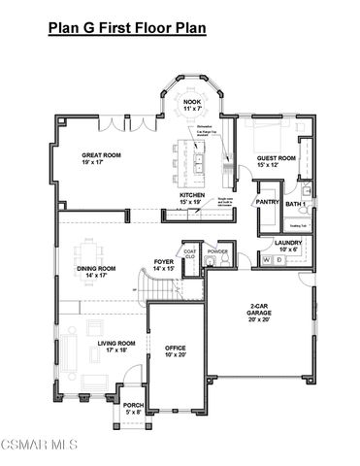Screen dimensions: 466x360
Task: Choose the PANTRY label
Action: [x=268, y=202]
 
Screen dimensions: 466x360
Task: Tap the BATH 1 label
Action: [x=297, y=203]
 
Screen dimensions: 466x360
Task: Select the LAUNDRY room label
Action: [x=288, y=246]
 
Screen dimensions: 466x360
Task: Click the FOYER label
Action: [x=164, y=265]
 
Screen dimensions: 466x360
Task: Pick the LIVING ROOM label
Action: [x=115, y=346]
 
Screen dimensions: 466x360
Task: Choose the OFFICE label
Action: [x=176, y=350]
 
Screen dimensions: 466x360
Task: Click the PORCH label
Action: [x=133, y=409]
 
